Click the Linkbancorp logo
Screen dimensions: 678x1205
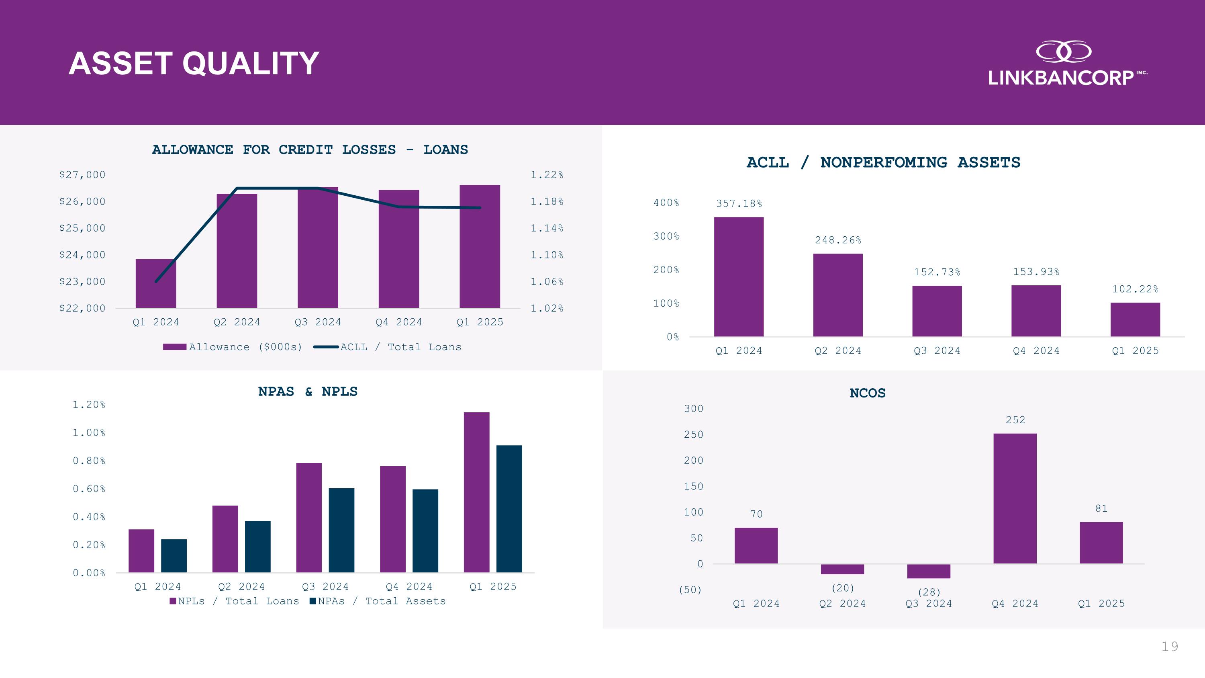[x=1066, y=63]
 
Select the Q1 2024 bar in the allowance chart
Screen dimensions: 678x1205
[x=156, y=284]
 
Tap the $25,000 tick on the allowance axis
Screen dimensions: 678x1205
[x=82, y=228]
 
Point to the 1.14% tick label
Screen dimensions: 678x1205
[x=547, y=228]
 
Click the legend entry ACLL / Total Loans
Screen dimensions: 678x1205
[x=387, y=347]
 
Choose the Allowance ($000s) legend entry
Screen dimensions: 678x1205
[x=233, y=347]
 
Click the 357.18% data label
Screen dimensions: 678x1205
[x=739, y=203]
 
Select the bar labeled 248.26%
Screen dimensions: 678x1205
[x=838, y=295]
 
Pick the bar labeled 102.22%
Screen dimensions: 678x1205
[x=1135, y=320]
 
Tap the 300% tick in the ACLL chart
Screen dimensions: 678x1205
[x=666, y=236]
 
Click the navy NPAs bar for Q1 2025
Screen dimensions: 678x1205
[x=509, y=509]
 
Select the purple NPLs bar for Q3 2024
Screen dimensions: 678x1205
[x=309, y=518]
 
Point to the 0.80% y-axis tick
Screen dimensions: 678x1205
[x=89, y=461]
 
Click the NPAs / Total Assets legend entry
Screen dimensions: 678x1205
[x=378, y=601]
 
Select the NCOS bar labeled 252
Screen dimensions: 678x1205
[x=1015, y=498]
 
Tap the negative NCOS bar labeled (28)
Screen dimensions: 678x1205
[x=929, y=571]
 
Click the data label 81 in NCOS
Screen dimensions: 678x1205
[x=1101, y=509]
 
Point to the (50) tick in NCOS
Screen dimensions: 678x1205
[x=690, y=590]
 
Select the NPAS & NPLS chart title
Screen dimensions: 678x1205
[x=308, y=391]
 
